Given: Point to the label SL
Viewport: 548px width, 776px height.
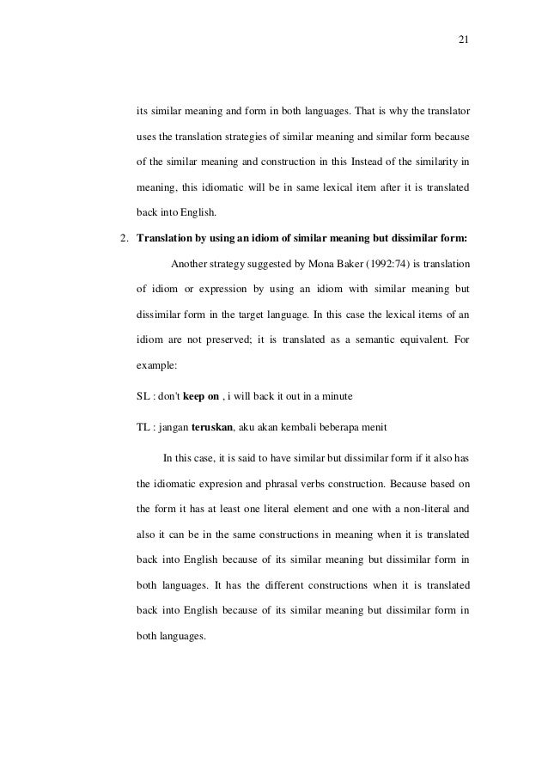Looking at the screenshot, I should coord(143,372).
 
